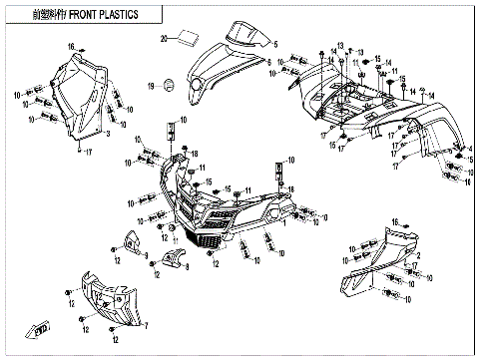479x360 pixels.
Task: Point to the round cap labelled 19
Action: pos(170,84)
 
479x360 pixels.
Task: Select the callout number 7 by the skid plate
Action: pos(146,324)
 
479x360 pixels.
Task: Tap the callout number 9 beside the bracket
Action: pos(145,255)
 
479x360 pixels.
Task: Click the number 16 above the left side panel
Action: pos(71,47)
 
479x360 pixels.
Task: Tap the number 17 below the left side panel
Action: pos(88,151)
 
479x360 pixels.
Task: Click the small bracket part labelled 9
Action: pos(130,241)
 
